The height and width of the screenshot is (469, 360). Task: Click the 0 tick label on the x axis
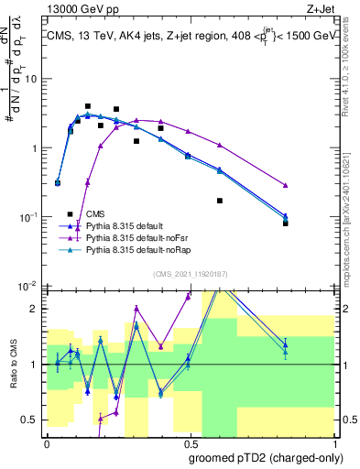click(x=47, y=442)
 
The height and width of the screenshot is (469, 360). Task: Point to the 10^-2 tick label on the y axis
click(x=27, y=287)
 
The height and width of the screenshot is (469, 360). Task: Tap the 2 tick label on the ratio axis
click(x=33, y=309)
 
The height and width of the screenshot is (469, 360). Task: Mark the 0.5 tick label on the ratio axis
click(x=29, y=420)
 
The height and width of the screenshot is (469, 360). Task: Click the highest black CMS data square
click(x=88, y=106)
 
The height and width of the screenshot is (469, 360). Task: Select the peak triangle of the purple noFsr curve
click(x=136, y=120)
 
